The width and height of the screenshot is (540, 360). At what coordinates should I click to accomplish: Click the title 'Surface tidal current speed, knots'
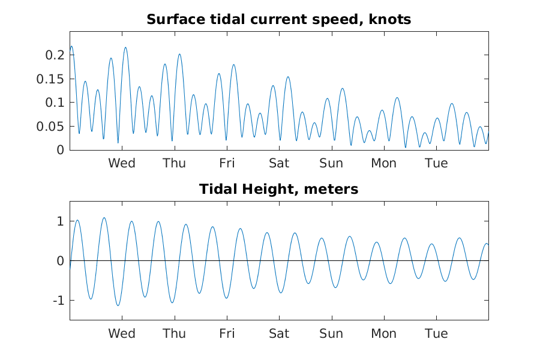click(278, 20)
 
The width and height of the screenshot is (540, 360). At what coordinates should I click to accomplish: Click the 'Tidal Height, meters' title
click(278, 189)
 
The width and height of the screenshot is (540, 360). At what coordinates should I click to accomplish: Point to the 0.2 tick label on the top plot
click(55, 55)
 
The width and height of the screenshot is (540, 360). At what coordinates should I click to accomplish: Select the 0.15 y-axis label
click(50, 79)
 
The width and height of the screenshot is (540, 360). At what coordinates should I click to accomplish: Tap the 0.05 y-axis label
click(50, 127)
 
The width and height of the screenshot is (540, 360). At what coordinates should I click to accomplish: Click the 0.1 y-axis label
click(55, 103)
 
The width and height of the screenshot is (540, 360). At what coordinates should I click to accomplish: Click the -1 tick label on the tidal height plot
click(59, 301)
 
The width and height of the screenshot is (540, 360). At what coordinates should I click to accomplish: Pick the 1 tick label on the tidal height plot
click(61, 221)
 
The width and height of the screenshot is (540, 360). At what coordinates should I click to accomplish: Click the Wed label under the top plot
click(122, 163)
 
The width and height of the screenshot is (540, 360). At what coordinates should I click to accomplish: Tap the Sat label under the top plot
click(279, 163)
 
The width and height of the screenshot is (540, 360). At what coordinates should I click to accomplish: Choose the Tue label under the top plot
click(436, 163)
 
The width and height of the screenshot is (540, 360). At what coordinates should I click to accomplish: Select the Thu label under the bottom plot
click(174, 334)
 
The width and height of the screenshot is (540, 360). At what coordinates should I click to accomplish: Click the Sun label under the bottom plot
click(331, 334)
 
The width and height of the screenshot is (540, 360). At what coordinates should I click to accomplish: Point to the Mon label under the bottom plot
click(383, 334)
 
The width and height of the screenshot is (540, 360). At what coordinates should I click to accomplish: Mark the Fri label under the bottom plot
click(227, 334)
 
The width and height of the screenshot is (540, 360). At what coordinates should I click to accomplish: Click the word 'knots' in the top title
click(390, 20)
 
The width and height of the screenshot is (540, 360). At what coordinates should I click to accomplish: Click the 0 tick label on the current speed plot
click(61, 150)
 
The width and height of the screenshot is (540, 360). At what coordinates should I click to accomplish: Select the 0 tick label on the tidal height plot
click(61, 261)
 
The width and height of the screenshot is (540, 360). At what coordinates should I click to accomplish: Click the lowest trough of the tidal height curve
click(118, 305)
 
